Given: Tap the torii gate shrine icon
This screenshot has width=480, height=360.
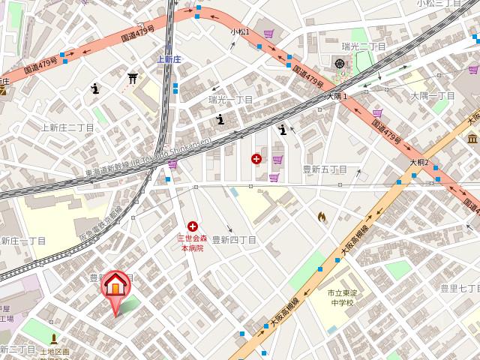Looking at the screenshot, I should coord(133,77).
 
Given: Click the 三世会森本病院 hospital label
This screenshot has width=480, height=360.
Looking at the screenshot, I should coord(190,242).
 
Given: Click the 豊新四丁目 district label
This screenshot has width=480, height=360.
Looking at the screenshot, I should coord(234,240).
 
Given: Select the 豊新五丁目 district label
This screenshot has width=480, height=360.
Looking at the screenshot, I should coord(324,170).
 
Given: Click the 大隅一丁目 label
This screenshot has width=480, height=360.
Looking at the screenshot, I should coord(433,96).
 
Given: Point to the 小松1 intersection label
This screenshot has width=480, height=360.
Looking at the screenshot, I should coord(240,31).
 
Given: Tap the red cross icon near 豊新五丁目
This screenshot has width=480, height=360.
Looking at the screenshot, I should coord(257,158).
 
